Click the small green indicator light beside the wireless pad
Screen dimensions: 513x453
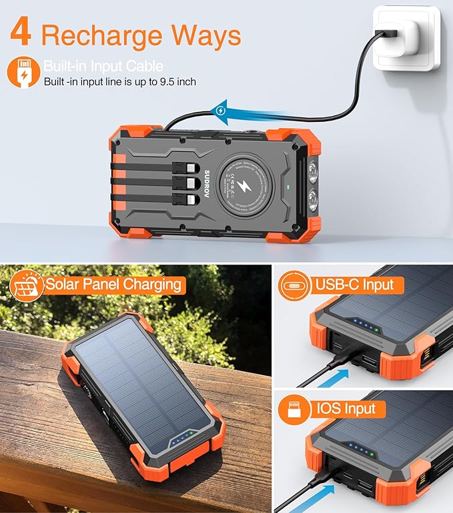click(286, 186)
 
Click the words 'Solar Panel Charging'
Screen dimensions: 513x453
click(113, 284)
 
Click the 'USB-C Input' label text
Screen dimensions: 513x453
click(356, 285)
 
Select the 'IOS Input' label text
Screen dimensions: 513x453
click(347, 408)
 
